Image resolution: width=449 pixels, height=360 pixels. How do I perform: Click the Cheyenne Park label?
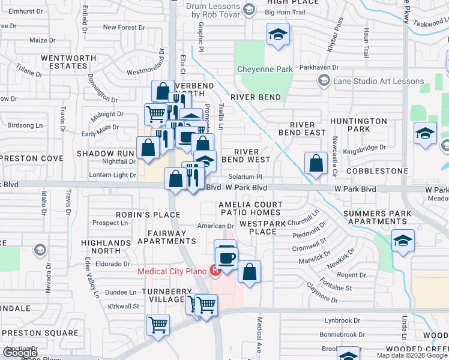[265, 70]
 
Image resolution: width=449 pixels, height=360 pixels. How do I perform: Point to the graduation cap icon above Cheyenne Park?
[279, 35]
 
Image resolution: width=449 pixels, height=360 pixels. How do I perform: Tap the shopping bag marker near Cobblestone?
[316, 163]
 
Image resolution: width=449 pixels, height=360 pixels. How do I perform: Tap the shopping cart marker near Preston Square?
[158, 326]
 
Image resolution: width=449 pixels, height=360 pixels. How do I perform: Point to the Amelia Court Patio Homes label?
[250, 208]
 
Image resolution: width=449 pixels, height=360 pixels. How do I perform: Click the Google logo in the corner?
[20, 353]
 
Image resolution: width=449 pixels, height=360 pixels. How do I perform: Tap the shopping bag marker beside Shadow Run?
[148, 148]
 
